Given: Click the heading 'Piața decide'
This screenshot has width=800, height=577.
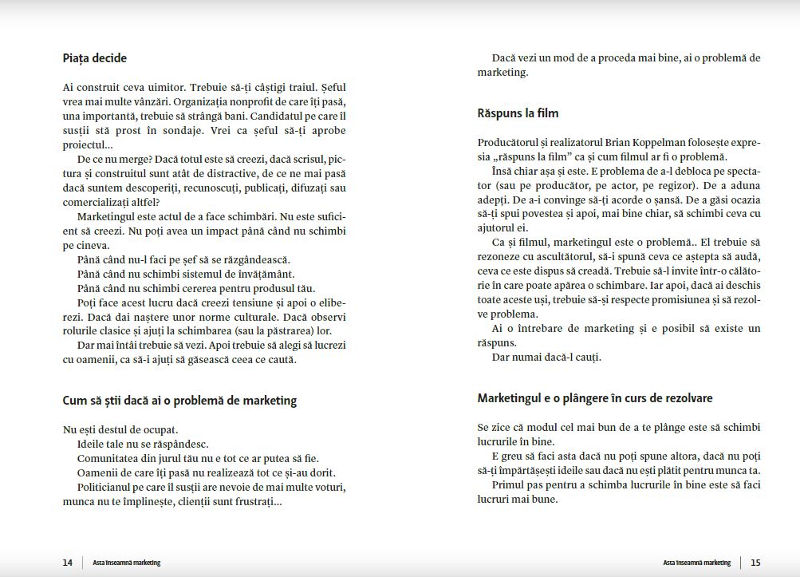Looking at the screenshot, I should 94,58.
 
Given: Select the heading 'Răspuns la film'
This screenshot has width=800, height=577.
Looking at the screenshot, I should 518,113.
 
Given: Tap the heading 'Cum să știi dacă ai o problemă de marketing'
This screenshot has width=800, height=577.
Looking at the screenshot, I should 179,400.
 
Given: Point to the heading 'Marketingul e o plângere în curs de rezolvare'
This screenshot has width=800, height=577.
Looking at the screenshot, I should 595,397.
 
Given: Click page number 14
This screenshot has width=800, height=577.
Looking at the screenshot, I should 68,563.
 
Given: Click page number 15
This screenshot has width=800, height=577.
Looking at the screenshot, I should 755,563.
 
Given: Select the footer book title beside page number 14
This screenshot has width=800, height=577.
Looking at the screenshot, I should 126,563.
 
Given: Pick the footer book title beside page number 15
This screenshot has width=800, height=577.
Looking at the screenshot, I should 696,563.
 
